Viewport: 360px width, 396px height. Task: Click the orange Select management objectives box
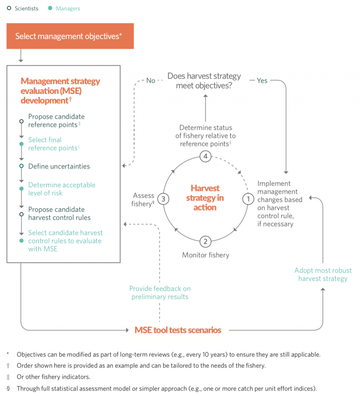tap(69, 36)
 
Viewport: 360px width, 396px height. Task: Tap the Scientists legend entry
tap(23, 8)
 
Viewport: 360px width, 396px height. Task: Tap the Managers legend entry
tap(65, 8)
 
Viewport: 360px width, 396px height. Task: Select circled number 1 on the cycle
tap(247, 199)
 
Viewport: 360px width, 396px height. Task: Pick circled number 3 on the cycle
tap(163, 198)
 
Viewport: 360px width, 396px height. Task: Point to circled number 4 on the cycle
tap(205, 156)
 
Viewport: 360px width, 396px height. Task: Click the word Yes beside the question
tap(262, 81)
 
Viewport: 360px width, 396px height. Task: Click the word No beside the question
tap(150, 81)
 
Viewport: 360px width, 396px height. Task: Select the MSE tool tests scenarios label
tap(178, 330)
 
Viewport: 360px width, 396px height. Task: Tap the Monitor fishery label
tap(205, 255)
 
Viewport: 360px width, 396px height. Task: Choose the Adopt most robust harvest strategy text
tap(322, 274)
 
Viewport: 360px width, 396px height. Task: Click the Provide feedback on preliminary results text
tap(160, 292)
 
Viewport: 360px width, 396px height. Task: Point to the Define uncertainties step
tap(59, 166)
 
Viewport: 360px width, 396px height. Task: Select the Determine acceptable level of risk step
tap(61, 189)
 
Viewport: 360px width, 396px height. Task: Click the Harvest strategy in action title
tap(205, 198)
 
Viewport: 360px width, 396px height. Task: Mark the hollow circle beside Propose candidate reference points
tap(21, 121)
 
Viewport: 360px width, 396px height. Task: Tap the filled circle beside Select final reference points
tap(21, 144)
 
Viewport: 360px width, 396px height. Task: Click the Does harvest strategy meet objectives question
tap(205, 81)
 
